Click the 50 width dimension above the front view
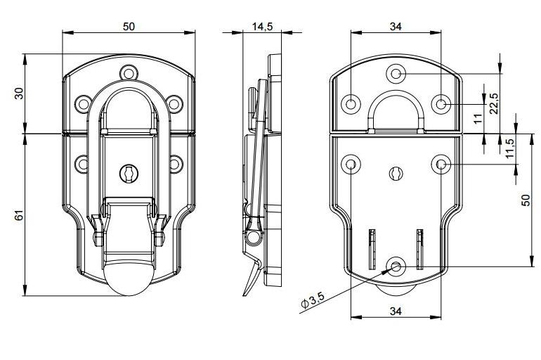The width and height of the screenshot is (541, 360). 129,26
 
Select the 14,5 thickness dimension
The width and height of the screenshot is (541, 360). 262,26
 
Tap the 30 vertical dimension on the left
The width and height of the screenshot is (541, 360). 20,94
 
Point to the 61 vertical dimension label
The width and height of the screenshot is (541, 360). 20,215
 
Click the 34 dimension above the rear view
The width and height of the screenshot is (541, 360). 396,26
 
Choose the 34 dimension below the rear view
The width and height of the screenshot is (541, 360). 396,311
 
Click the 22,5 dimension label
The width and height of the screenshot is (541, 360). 494,103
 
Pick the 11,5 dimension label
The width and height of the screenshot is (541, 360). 510,148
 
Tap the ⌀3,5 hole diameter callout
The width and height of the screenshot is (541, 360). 312,300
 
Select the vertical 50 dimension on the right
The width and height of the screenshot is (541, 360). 526,200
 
